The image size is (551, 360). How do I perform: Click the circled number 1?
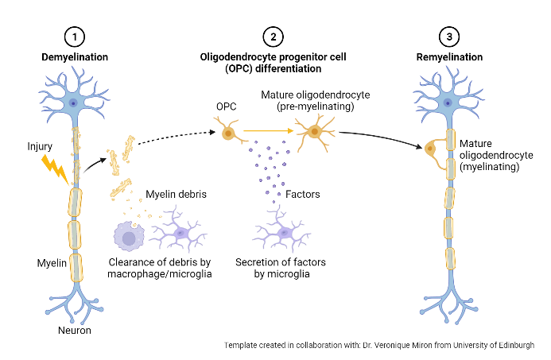(75, 38)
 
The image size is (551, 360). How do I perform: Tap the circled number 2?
(273, 38)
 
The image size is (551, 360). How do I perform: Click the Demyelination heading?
(75, 57)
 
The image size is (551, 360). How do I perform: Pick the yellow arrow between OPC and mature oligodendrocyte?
(269, 130)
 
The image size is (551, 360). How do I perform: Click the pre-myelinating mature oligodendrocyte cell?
(315, 132)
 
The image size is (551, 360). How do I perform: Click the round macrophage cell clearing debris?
(129, 237)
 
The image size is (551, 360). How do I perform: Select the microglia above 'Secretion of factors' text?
(283, 235)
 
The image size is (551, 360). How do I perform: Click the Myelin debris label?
(177, 194)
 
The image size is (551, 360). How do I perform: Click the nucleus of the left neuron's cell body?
(74, 103)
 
